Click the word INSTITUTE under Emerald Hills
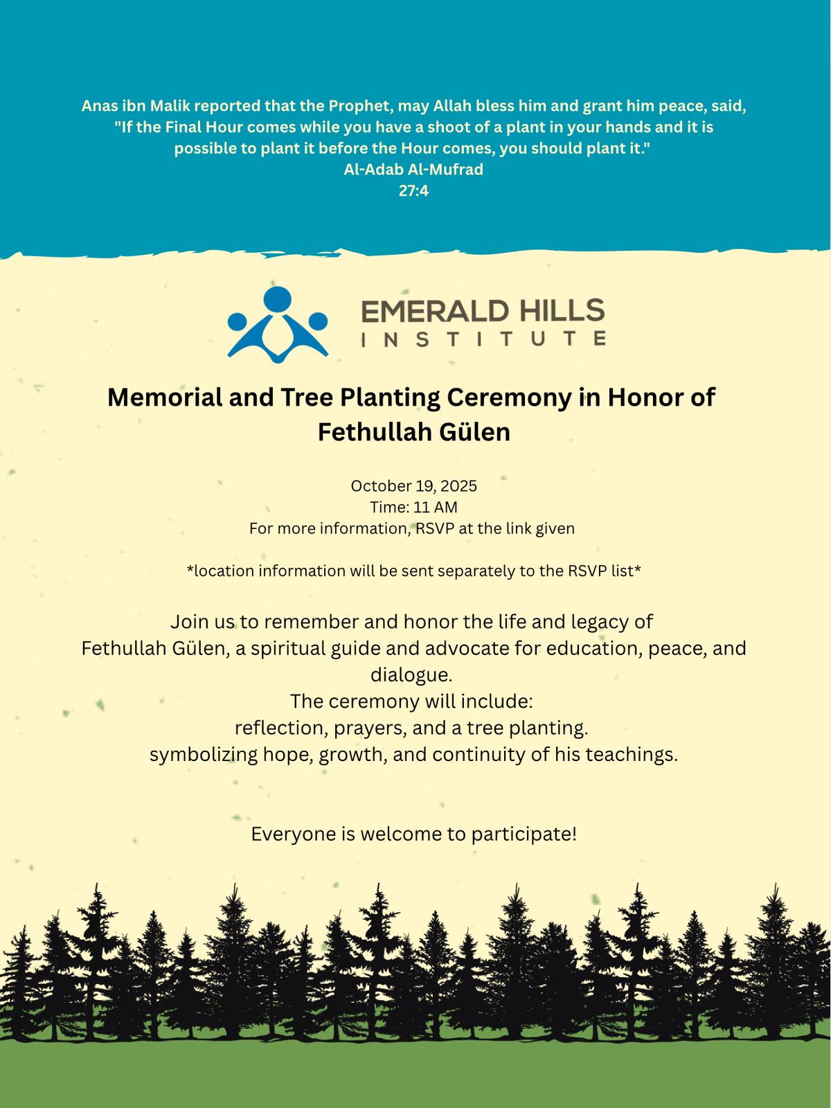[483, 339]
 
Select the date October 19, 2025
[413, 486]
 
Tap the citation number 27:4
[413, 190]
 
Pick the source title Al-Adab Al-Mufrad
[413, 170]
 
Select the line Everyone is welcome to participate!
[413, 834]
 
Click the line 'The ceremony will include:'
[411, 701]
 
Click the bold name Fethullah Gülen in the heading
[413, 432]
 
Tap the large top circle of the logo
[278, 298]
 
